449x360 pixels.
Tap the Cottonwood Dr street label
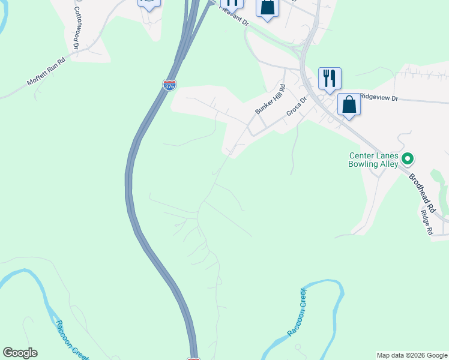pos(77,28)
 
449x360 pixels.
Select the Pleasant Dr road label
pos(235,15)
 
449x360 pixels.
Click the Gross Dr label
pos(297,107)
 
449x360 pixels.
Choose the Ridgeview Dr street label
pos(378,97)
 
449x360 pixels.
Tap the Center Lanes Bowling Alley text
pos(374,160)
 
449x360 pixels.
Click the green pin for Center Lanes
pos(408,159)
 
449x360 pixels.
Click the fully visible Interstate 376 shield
pos(170,85)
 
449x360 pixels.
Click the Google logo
pos(20,353)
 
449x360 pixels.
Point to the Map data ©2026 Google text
pos(412,355)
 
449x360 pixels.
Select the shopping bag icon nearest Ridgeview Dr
pos(349,105)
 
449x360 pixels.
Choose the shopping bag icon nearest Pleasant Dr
pos(267,8)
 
